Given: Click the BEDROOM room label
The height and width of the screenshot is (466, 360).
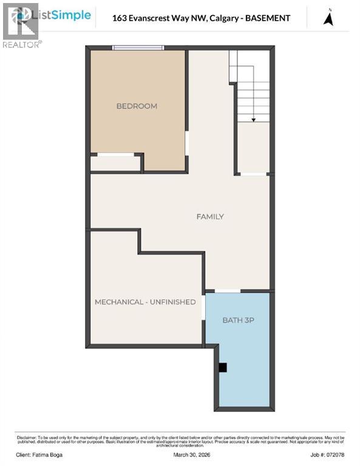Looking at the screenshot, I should (137, 106).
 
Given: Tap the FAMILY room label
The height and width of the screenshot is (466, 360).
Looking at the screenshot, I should (210, 217).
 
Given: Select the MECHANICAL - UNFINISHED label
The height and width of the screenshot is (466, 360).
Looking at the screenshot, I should (145, 302).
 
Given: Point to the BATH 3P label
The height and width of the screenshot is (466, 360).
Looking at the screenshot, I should (237, 320).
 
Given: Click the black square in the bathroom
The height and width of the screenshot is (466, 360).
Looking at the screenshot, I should (223, 367).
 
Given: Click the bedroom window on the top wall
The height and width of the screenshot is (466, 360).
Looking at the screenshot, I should (138, 48).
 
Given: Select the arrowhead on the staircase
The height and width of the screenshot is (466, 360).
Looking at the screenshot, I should (253, 120).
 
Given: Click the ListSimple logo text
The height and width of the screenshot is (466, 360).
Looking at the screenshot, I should (65, 15).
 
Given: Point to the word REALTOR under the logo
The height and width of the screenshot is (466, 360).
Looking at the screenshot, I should (21, 44).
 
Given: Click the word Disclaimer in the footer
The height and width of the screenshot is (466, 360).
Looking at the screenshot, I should (25, 436).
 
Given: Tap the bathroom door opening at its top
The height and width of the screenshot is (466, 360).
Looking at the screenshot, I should (228, 291).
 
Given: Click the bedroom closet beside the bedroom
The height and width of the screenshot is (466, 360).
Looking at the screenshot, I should (115, 163).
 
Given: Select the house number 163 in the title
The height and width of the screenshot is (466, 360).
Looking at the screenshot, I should (120, 18).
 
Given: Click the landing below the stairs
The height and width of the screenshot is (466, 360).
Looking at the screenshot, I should (253, 148).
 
